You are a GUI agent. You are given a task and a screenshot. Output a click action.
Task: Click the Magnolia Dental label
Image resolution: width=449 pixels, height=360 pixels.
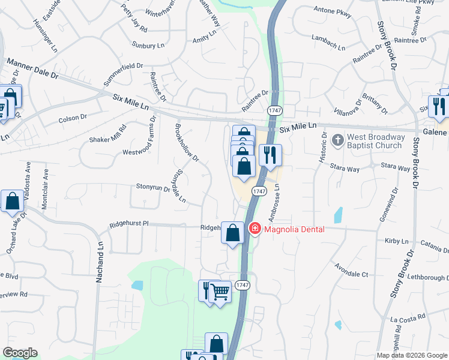[x=294, y=229]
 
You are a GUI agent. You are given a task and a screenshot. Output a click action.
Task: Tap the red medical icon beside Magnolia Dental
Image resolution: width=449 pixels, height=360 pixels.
[x=255, y=229]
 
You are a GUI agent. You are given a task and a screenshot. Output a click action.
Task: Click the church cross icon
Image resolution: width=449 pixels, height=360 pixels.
[x=338, y=140]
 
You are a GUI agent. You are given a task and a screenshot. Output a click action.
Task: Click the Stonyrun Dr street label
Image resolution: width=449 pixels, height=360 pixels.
[x=153, y=188]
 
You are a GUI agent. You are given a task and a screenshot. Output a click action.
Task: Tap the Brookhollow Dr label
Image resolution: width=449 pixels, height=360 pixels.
[x=186, y=142]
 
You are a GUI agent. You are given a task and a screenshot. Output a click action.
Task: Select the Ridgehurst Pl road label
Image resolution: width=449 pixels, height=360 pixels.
[x=128, y=224]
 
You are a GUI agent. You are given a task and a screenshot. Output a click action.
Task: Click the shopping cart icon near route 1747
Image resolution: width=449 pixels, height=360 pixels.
[x=220, y=292]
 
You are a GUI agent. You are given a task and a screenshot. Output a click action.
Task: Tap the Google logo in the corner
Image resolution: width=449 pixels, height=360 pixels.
[x=20, y=353]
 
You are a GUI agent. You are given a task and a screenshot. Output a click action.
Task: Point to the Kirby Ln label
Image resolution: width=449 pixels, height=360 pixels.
[x=396, y=241]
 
